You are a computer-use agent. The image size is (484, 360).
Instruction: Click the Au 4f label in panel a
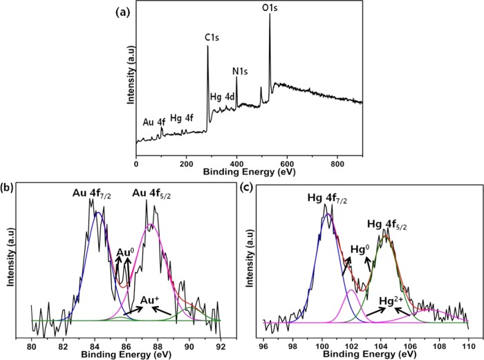[153, 122]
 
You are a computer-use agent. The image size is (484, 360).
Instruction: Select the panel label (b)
[8, 187]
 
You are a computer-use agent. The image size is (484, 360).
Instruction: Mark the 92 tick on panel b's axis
[221, 346]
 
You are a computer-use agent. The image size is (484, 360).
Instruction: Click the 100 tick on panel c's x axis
[322, 346]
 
